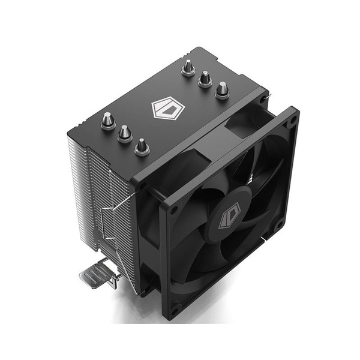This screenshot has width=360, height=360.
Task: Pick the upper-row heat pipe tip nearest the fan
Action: point(222,89)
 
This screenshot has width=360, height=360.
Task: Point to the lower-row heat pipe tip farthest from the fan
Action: point(107,121)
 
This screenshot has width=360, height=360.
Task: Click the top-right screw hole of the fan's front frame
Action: point(292,120)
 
